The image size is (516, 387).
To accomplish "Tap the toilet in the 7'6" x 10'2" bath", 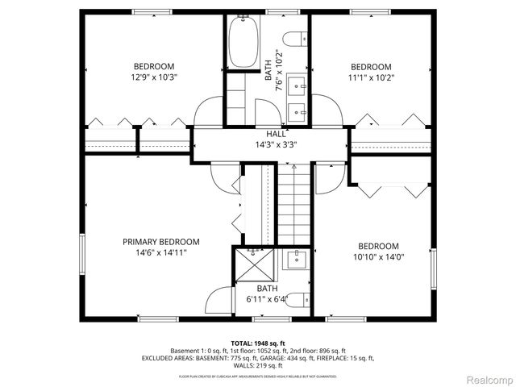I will (298, 37).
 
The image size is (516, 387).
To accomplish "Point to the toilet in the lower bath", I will (297, 300).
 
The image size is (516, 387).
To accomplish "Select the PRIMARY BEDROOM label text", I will (161, 242).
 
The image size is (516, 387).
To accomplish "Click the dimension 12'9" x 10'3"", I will (154, 77).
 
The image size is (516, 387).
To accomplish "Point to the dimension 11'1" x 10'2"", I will (370, 78).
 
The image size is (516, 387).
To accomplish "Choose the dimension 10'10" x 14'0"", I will (378, 257).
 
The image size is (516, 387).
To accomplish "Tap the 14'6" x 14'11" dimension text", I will (161, 252).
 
